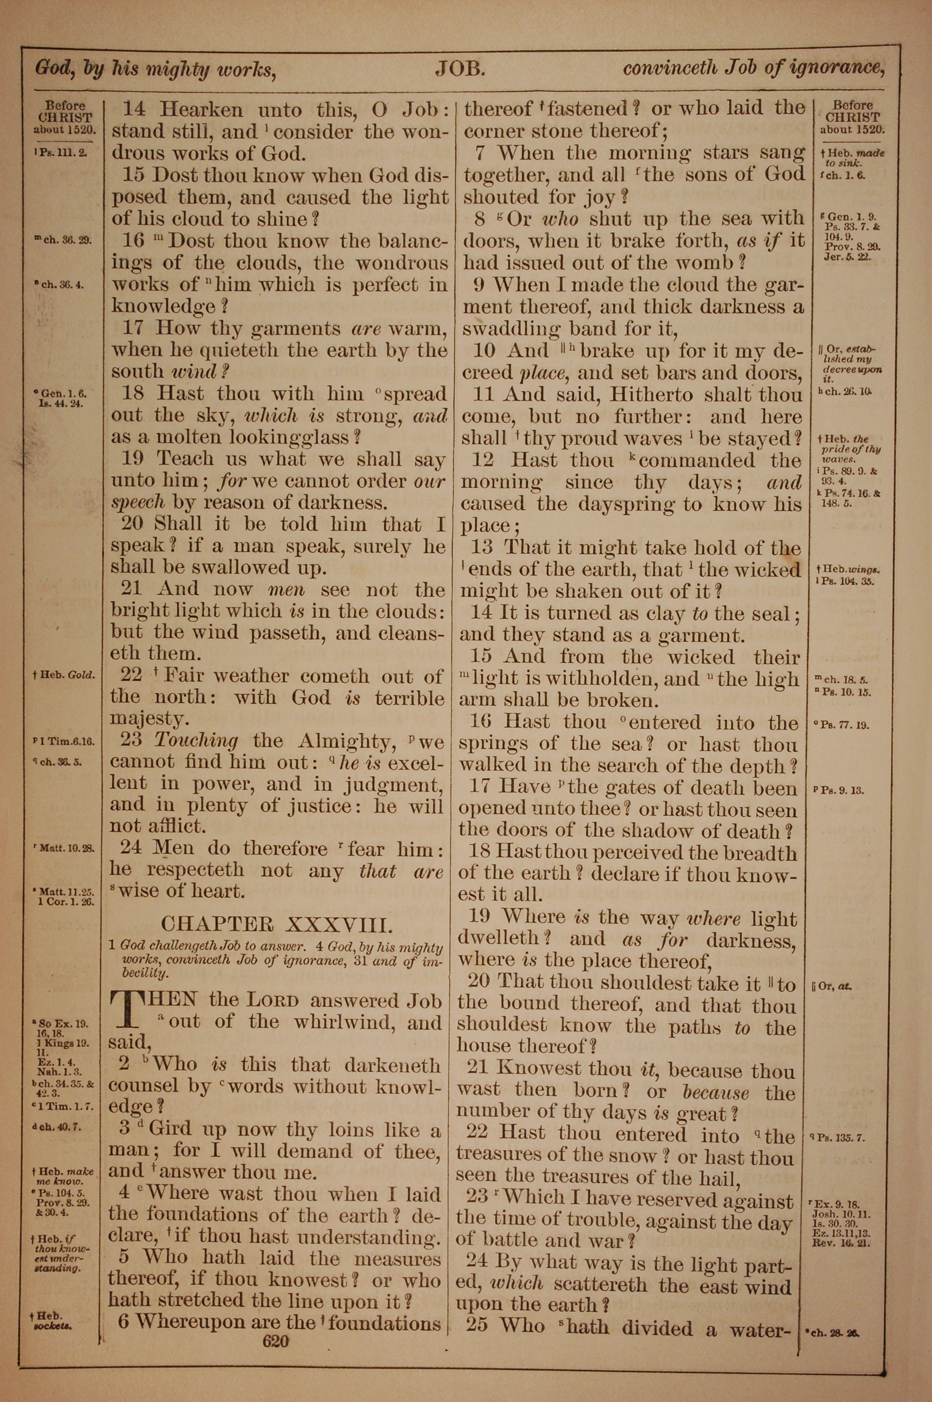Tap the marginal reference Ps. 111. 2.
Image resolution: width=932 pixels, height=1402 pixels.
pos(61,152)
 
